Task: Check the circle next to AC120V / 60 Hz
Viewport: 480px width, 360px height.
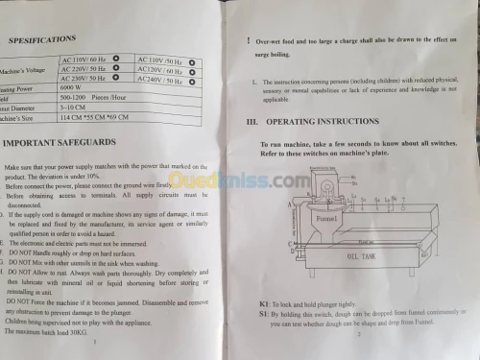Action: [192, 71]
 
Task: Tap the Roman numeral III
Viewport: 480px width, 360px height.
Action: [253, 123]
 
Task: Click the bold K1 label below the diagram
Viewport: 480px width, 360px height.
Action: [264, 304]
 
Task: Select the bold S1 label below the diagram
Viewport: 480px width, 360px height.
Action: [264, 315]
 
